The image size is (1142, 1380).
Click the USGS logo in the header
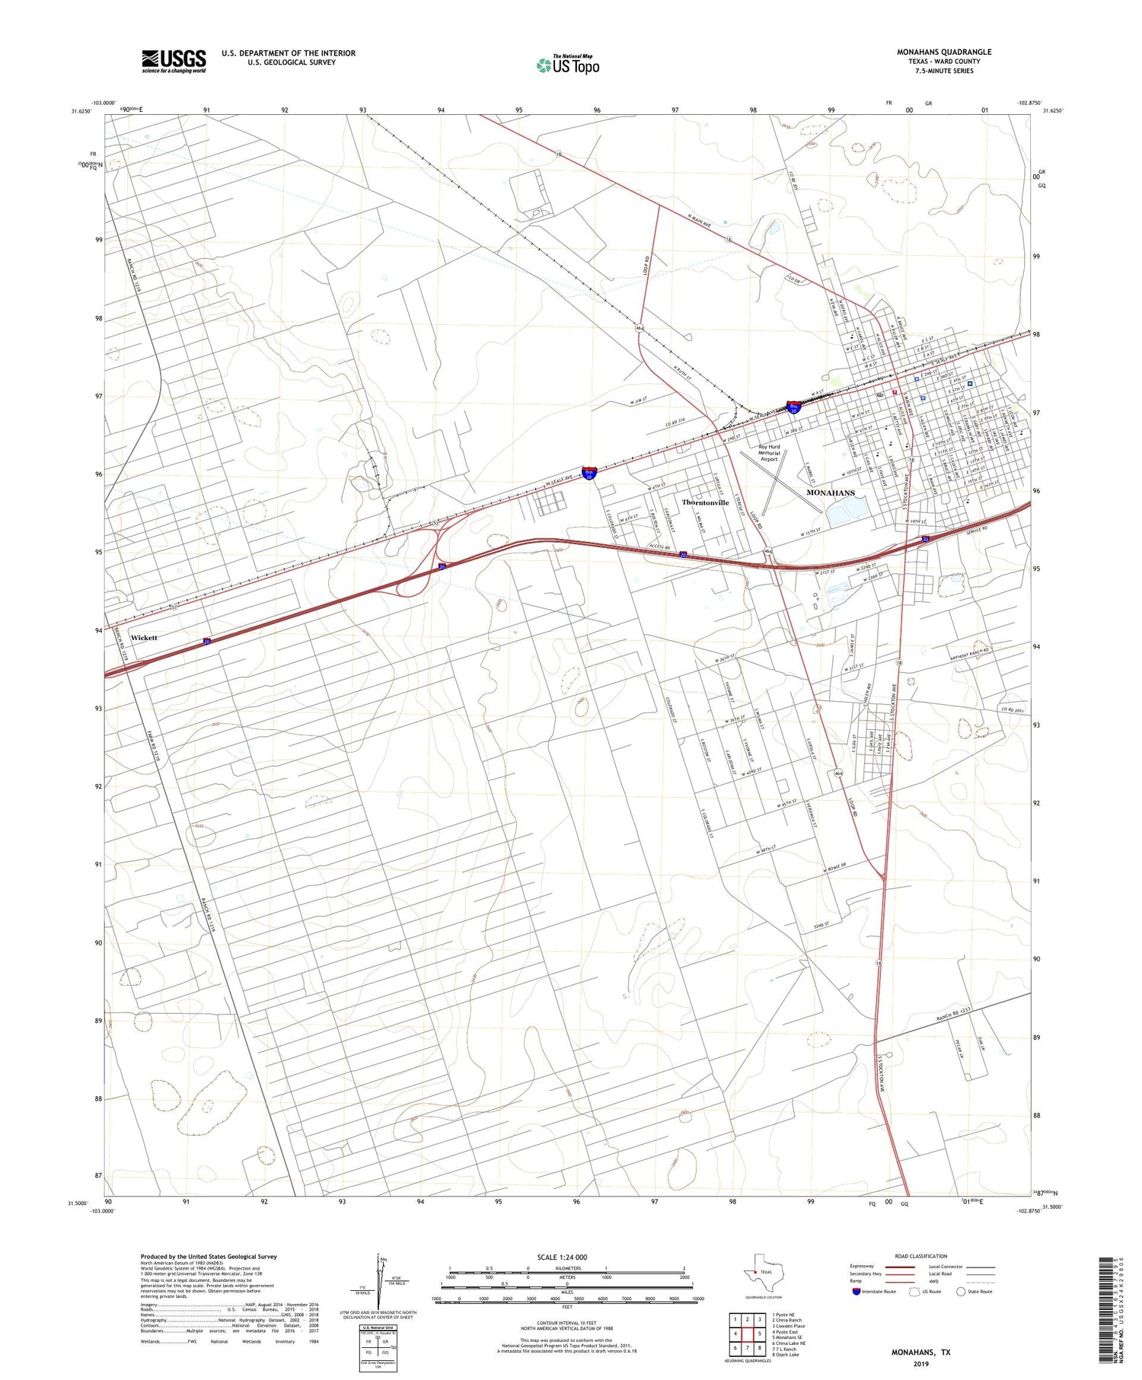coord(174,61)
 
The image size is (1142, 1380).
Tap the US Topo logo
coord(567,65)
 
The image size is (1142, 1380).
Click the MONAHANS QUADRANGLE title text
coord(943,52)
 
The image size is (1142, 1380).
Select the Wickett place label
coord(144,637)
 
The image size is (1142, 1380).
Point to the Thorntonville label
coord(705,502)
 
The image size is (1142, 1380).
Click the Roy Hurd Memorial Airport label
coord(769,453)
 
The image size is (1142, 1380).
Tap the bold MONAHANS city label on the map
coord(830,492)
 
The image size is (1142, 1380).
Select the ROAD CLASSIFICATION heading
coord(921,1256)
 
